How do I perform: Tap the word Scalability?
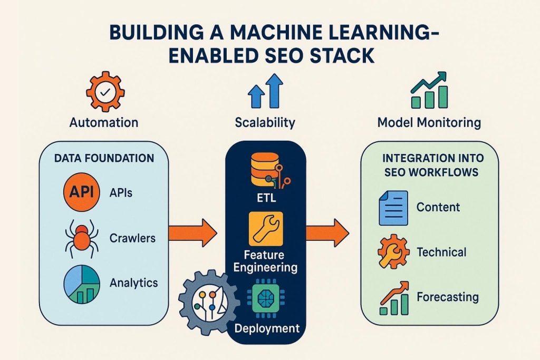[x=264, y=123]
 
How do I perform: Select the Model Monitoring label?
[x=429, y=123]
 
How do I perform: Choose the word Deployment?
[x=266, y=328]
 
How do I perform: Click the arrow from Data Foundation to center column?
[x=192, y=231]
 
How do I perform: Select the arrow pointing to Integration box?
[x=327, y=231]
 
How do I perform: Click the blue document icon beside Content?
[x=393, y=207]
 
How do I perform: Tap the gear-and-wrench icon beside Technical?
[x=393, y=252]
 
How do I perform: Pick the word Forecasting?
[x=447, y=297]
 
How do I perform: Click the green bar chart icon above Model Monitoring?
[x=429, y=91]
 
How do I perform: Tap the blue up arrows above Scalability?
[x=265, y=90]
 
